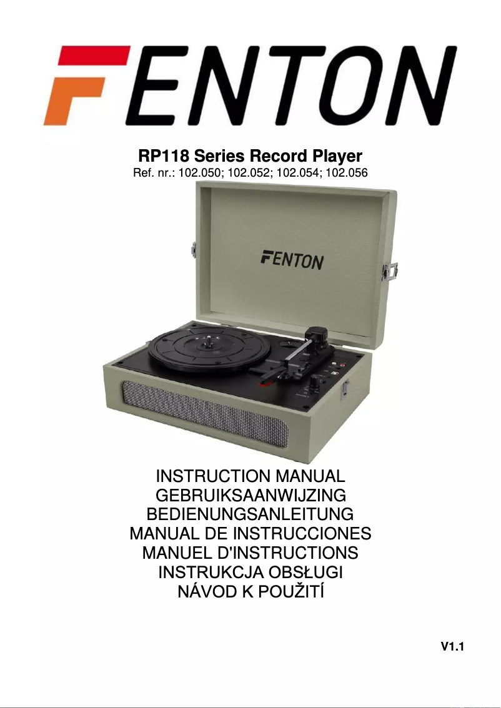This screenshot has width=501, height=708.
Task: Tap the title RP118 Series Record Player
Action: (249, 155)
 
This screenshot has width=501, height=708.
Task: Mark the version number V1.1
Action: (453, 647)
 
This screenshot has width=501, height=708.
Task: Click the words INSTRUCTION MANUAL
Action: (250, 476)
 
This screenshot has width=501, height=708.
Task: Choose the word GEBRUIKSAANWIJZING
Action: (250, 496)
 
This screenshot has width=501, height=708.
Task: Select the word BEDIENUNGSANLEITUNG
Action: (250, 515)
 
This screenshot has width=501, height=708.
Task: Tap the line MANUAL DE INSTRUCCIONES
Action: (250, 534)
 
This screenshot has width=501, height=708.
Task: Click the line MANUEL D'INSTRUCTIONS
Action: (250, 553)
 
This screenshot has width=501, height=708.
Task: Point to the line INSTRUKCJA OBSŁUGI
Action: (250, 573)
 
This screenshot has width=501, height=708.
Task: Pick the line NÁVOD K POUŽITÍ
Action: (250, 592)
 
